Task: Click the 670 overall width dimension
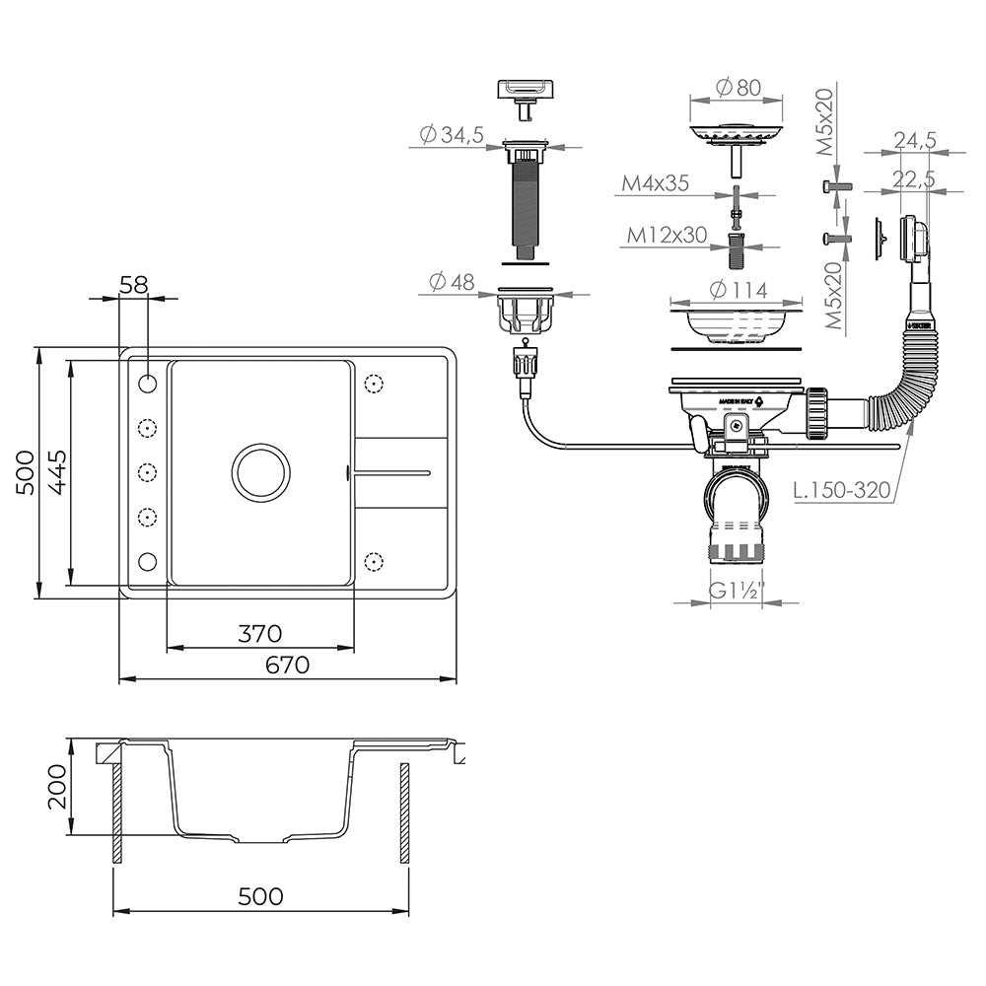[x=287, y=665]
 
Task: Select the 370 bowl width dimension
[x=260, y=633]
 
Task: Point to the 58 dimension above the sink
[x=133, y=285]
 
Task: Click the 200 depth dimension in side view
[x=58, y=786]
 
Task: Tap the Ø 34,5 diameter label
[x=450, y=136]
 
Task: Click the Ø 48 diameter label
[x=452, y=281]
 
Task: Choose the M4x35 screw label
[x=655, y=183]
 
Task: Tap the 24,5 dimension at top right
[x=914, y=141]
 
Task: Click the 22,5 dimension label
[x=914, y=179]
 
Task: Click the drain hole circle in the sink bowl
[x=260, y=470]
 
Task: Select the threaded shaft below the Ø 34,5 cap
[x=524, y=209]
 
